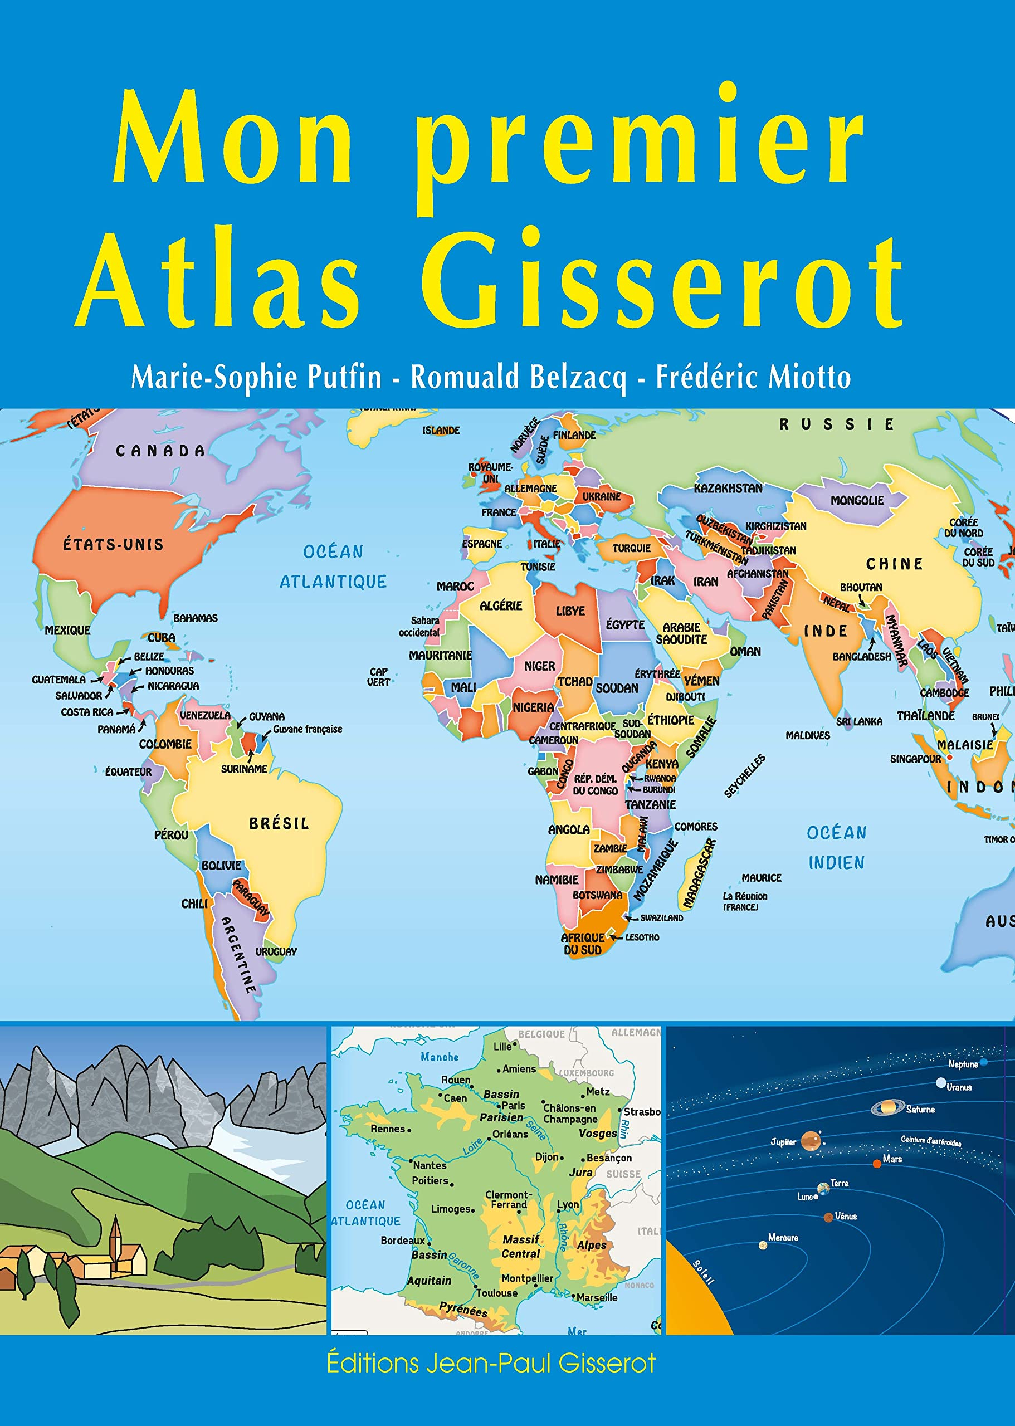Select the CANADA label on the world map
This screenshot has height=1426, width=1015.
click(x=160, y=451)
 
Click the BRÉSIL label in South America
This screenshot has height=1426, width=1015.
click(x=279, y=824)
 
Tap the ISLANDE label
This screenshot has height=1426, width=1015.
click(x=441, y=431)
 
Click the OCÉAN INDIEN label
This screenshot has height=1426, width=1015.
click(x=836, y=847)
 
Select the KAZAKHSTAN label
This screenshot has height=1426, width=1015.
click(x=728, y=488)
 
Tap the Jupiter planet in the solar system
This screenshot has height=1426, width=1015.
click(x=811, y=1141)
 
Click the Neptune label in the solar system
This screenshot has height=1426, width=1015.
click(x=963, y=1064)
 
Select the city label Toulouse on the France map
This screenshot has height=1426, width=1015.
click(x=497, y=1293)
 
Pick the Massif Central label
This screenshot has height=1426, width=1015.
click(x=521, y=1246)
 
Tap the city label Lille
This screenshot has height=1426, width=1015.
click(x=502, y=1047)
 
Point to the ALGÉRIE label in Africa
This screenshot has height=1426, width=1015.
click(x=501, y=605)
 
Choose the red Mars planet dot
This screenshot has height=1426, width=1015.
click(x=877, y=1163)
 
